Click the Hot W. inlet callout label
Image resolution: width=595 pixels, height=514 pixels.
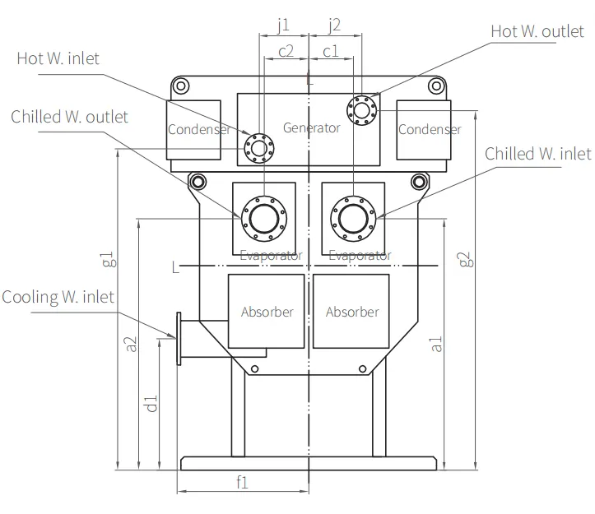tap(58, 58)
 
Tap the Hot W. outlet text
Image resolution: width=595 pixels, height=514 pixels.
tap(537, 31)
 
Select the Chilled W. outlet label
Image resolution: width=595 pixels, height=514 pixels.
tap(69, 117)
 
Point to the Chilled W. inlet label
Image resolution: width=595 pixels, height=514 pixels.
tap(537, 154)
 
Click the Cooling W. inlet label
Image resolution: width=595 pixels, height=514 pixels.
tap(58, 297)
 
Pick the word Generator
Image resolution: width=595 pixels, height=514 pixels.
tap(312, 127)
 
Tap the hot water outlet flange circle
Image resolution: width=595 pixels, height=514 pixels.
tap(362, 96)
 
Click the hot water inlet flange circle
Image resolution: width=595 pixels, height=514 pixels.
tap(259, 134)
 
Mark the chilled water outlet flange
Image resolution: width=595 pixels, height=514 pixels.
tap(264, 197)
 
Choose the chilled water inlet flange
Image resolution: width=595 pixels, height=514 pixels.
tap(353, 197)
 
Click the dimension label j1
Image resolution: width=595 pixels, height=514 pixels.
tap(283, 25)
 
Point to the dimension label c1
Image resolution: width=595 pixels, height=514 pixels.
tap(330, 51)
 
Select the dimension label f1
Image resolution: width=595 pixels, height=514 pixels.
tap(242, 482)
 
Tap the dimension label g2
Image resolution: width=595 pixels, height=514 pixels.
tap(466, 259)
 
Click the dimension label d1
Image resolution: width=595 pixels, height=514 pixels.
tap(151, 404)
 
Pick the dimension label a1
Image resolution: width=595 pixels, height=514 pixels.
tap(436, 344)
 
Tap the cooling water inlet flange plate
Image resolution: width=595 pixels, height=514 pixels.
tap(179, 339)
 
